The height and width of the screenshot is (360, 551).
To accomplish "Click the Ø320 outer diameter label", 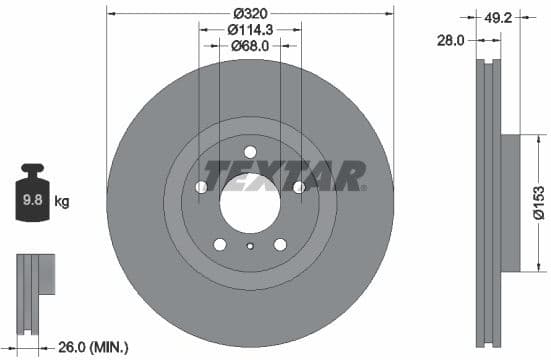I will tap(249, 13).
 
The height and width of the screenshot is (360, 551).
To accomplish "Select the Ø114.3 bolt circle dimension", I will tap(249, 30).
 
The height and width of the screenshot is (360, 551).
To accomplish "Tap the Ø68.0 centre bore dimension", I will tap(249, 46).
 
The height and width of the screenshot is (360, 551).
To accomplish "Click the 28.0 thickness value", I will tap(453, 40).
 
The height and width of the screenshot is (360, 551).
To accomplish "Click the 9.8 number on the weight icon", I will tap(33, 201).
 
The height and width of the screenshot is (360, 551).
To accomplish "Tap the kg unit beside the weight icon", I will tap(62, 201).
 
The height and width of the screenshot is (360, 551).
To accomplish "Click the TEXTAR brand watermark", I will tap(284, 176).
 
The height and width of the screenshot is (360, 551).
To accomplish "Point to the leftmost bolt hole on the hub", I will tap(201, 187).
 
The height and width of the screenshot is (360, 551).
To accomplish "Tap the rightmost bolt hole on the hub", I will tap(298, 187).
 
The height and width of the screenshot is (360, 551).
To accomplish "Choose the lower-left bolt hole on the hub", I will tap(219, 243).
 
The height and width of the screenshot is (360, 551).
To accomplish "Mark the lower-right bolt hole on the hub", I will tap(279, 243).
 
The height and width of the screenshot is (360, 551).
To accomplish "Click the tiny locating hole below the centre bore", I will tap(249, 245).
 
